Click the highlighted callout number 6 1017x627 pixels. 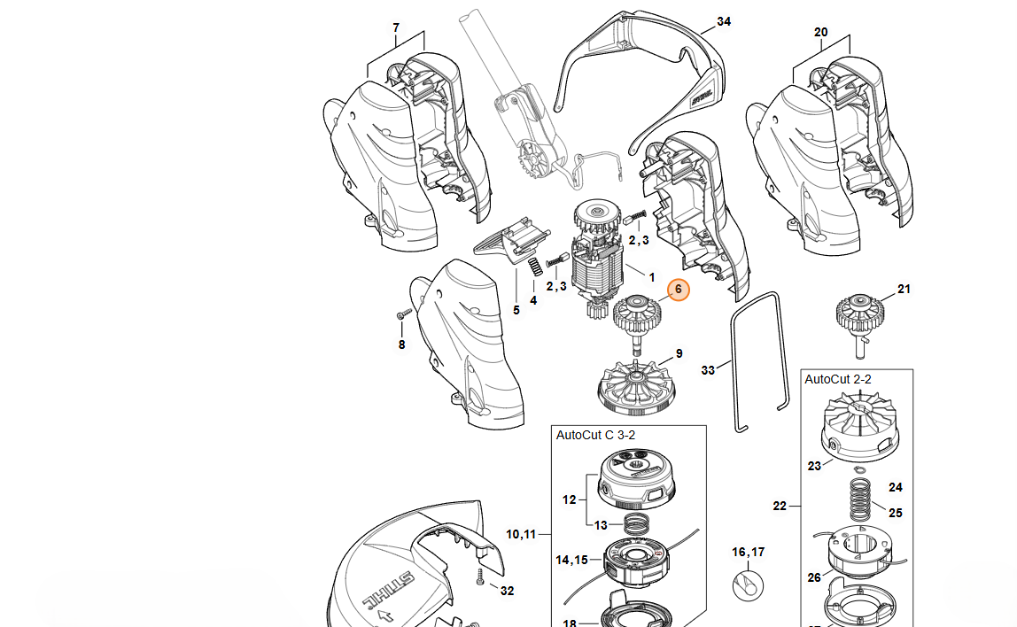click(x=679, y=290)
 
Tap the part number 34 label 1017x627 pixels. click(x=724, y=21)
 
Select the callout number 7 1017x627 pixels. click(x=395, y=28)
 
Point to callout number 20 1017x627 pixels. click(x=820, y=33)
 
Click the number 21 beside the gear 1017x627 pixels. click(x=904, y=290)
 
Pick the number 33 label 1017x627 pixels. click(x=708, y=369)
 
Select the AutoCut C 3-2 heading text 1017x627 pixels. click(x=595, y=435)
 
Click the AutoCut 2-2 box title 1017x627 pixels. click(x=837, y=379)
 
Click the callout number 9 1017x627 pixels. click(x=679, y=353)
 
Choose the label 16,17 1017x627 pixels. click(x=748, y=553)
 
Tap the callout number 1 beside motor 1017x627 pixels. click(x=651, y=277)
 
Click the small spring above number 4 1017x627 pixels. click(x=534, y=267)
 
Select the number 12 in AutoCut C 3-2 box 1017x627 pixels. click(x=569, y=499)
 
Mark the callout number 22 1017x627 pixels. click(x=780, y=507)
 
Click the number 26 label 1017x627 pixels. click(x=813, y=577)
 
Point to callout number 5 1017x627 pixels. click(x=516, y=311)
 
